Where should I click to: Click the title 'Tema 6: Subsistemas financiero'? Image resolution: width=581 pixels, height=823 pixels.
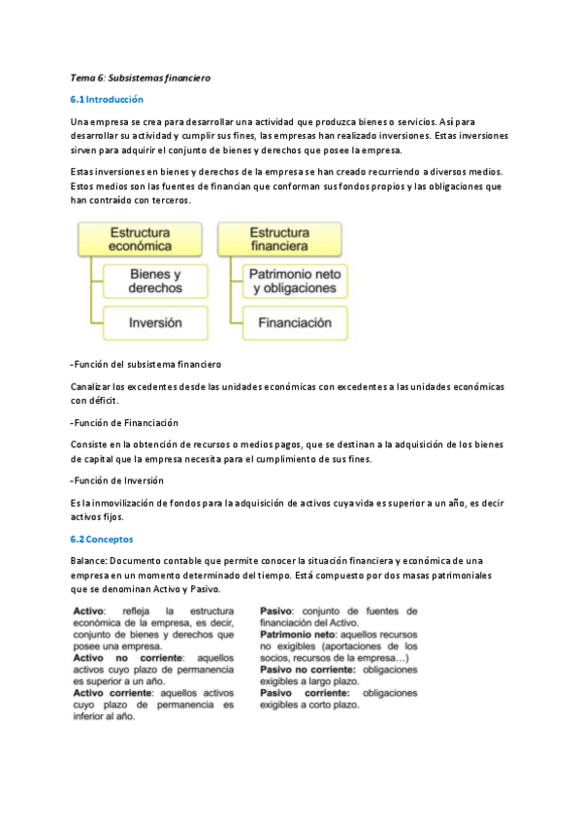140,77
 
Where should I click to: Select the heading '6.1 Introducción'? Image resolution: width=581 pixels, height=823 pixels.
107,99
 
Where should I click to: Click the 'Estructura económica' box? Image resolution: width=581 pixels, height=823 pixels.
140,240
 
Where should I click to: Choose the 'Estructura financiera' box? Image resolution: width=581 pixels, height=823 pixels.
279,240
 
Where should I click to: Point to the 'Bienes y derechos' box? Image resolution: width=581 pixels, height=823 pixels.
155,281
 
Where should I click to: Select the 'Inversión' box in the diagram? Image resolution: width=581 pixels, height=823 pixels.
155,323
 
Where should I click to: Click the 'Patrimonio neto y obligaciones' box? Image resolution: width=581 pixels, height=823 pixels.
294,281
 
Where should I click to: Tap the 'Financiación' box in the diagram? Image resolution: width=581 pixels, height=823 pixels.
294,323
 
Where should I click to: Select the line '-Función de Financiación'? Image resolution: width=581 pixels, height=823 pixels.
124,423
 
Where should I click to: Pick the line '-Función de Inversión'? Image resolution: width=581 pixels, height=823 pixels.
117,480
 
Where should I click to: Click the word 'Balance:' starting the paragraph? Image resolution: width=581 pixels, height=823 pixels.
89,561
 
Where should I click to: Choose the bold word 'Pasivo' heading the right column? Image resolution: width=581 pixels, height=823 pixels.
277,609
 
